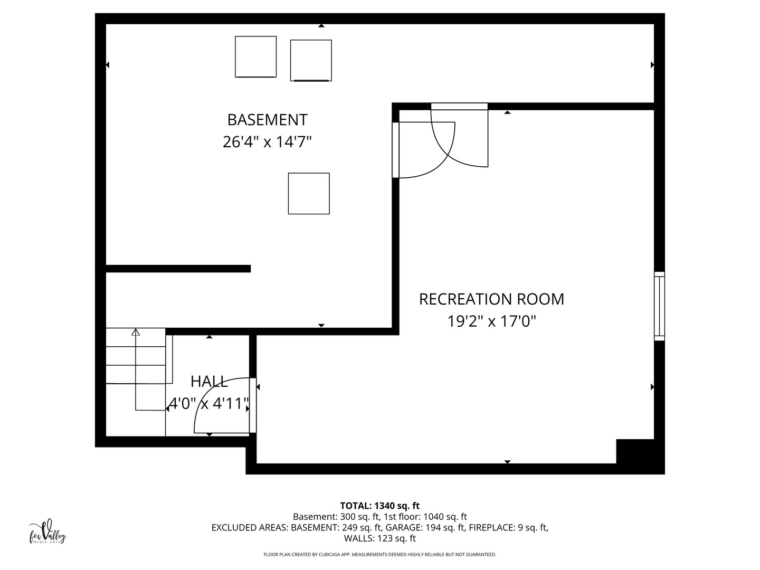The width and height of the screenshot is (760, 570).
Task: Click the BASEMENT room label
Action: click(x=267, y=120)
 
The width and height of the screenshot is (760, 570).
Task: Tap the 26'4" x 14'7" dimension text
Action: click(x=267, y=142)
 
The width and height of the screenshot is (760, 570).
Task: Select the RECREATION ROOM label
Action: click(x=491, y=299)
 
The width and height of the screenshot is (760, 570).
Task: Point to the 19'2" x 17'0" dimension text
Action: click(x=491, y=321)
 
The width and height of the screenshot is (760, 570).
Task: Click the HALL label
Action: click(x=209, y=381)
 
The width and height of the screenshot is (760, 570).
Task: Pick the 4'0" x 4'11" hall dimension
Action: click(x=208, y=404)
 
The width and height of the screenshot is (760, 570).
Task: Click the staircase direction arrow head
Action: click(x=136, y=332)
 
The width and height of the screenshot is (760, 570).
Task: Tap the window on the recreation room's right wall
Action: click(x=659, y=306)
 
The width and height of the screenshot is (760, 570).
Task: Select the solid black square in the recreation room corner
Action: click(x=635, y=451)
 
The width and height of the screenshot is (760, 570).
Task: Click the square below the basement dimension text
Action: click(x=309, y=193)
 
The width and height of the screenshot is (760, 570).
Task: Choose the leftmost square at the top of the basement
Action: click(x=255, y=56)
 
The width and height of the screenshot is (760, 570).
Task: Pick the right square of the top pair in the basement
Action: click(x=311, y=60)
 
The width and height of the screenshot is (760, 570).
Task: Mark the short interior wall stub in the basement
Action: click(x=178, y=269)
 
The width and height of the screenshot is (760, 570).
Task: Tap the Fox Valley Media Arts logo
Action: click(x=47, y=532)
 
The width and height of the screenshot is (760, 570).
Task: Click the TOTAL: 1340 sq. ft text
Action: click(x=379, y=506)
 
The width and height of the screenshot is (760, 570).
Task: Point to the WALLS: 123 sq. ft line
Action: click(x=379, y=538)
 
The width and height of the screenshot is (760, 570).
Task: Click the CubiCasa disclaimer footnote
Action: click(x=379, y=555)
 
